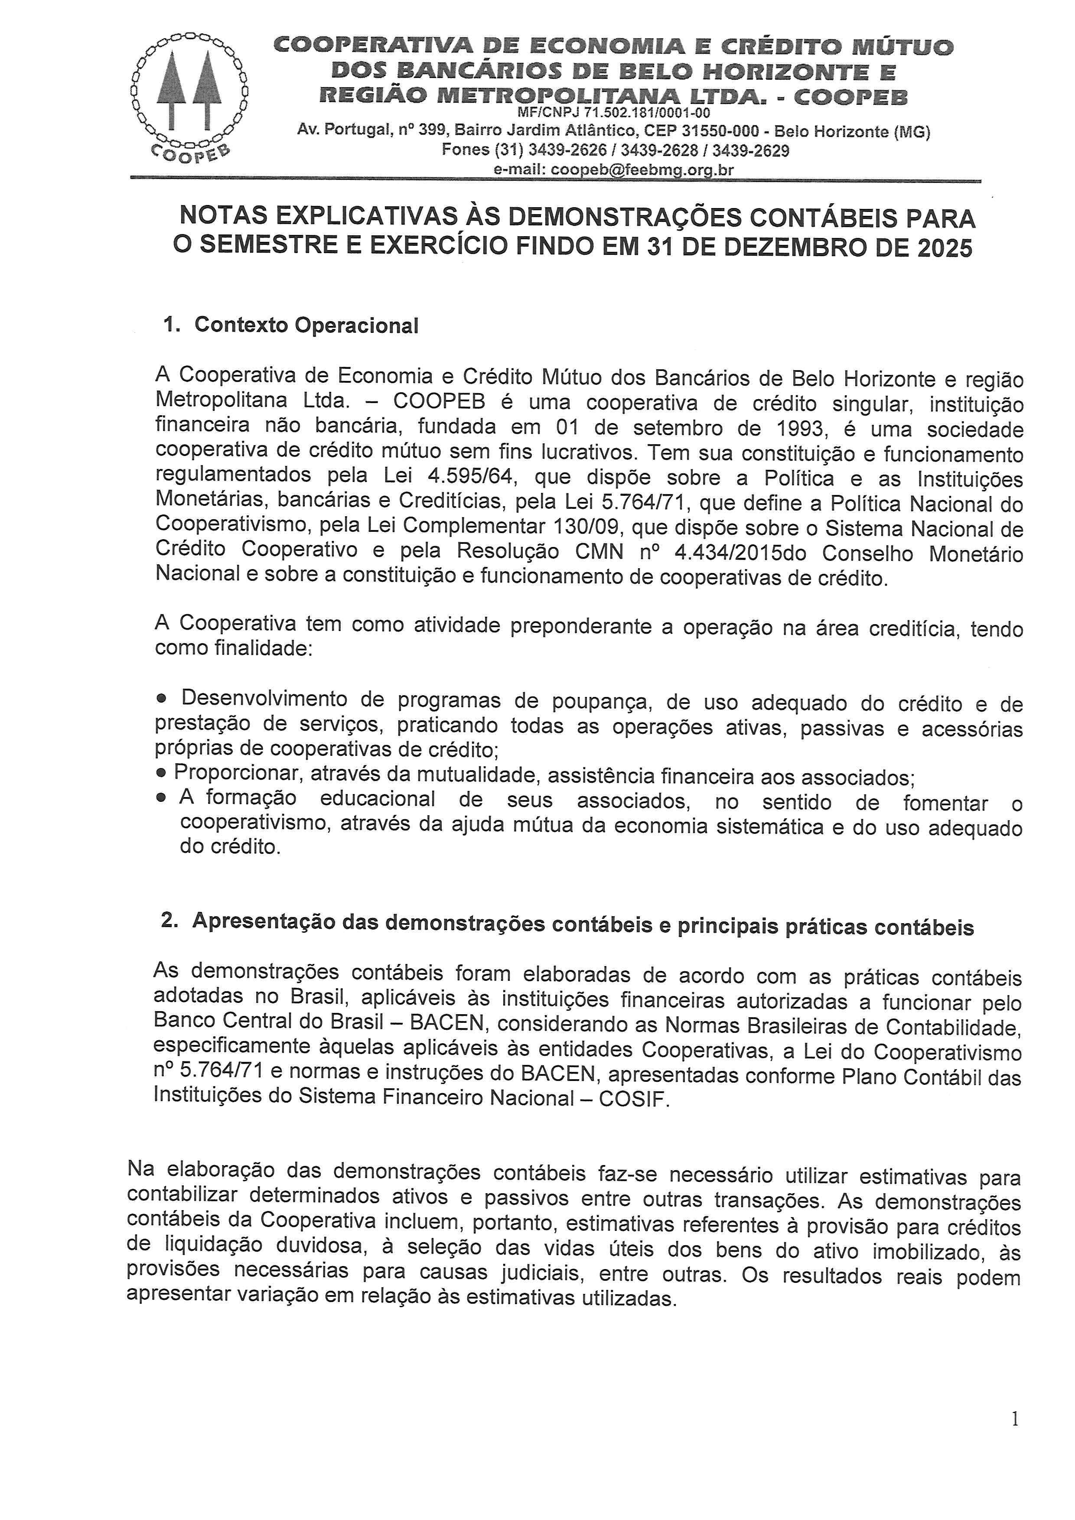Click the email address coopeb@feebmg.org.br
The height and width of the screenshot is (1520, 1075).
pyautogui.click(x=642, y=169)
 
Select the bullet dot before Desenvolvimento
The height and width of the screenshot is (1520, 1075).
pyautogui.click(x=162, y=699)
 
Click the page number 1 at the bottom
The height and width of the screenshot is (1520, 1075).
pyautogui.click(x=1015, y=1437)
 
